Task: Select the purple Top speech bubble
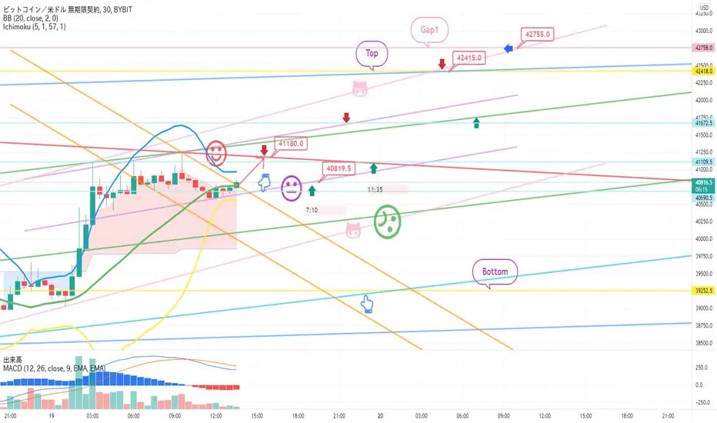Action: click(x=372, y=53)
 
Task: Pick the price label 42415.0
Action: click(x=469, y=57)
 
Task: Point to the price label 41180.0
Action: click(x=292, y=143)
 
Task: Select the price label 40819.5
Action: click(x=338, y=168)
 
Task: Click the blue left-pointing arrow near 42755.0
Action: click(x=509, y=49)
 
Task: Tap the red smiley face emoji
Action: click(x=217, y=152)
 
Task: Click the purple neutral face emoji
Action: click(x=291, y=188)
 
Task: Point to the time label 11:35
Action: click(x=376, y=188)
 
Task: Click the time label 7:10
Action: click(x=312, y=209)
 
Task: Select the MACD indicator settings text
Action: click(x=54, y=368)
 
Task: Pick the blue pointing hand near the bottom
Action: click(x=368, y=305)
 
